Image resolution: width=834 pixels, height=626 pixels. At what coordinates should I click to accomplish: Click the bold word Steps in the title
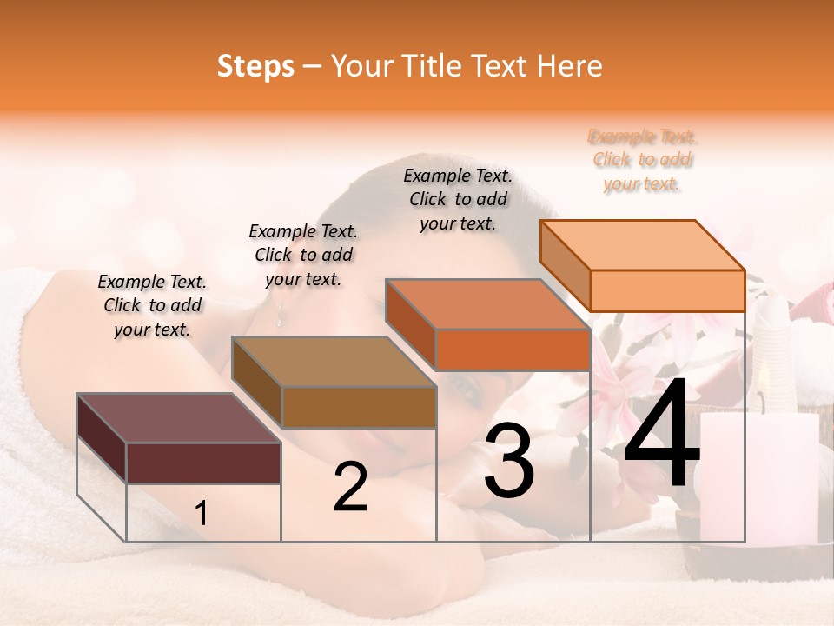pyautogui.click(x=255, y=66)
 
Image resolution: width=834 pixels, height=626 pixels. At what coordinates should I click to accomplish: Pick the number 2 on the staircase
pyautogui.click(x=350, y=488)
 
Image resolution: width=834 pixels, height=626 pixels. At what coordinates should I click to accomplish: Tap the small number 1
pyautogui.click(x=201, y=514)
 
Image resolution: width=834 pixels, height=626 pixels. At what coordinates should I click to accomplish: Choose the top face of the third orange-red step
pyautogui.click(x=487, y=304)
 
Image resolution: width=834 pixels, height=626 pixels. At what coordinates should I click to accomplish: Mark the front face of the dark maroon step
pyautogui.click(x=203, y=463)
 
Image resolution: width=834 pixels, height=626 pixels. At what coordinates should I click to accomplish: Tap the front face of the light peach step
pyautogui.click(x=667, y=290)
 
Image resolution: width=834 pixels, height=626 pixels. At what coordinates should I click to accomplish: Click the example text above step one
pyautogui.click(x=152, y=306)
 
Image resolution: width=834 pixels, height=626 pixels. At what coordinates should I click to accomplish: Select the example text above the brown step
pyautogui.click(x=303, y=255)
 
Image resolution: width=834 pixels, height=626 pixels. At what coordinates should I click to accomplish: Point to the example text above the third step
pyautogui.click(x=458, y=199)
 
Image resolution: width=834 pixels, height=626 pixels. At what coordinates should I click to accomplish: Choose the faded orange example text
pyautogui.click(x=643, y=160)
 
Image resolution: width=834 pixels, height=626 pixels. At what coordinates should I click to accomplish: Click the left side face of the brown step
pyautogui.click(x=257, y=383)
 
